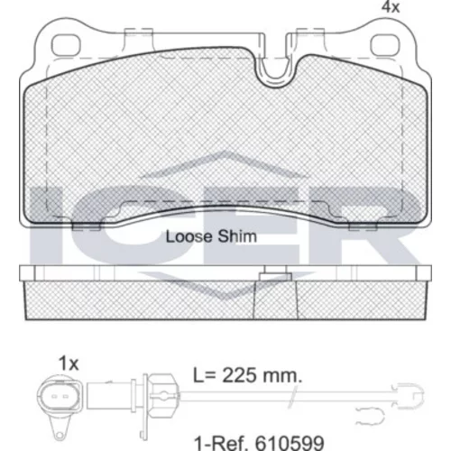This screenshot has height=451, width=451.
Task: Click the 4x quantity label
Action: (x=391, y=7)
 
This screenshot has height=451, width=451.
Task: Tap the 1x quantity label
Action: (x=69, y=364)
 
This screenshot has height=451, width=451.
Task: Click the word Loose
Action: (x=189, y=236)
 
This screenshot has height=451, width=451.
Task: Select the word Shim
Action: (x=237, y=236)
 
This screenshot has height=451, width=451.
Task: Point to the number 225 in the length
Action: (x=239, y=375)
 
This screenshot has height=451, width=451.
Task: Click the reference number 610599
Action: (x=290, y=443)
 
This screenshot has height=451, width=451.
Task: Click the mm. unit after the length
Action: (x=282, y=376)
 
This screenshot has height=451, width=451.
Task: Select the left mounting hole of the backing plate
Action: (x=66, y=45)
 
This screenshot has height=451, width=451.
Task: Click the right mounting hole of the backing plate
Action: (x=384, y=45)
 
